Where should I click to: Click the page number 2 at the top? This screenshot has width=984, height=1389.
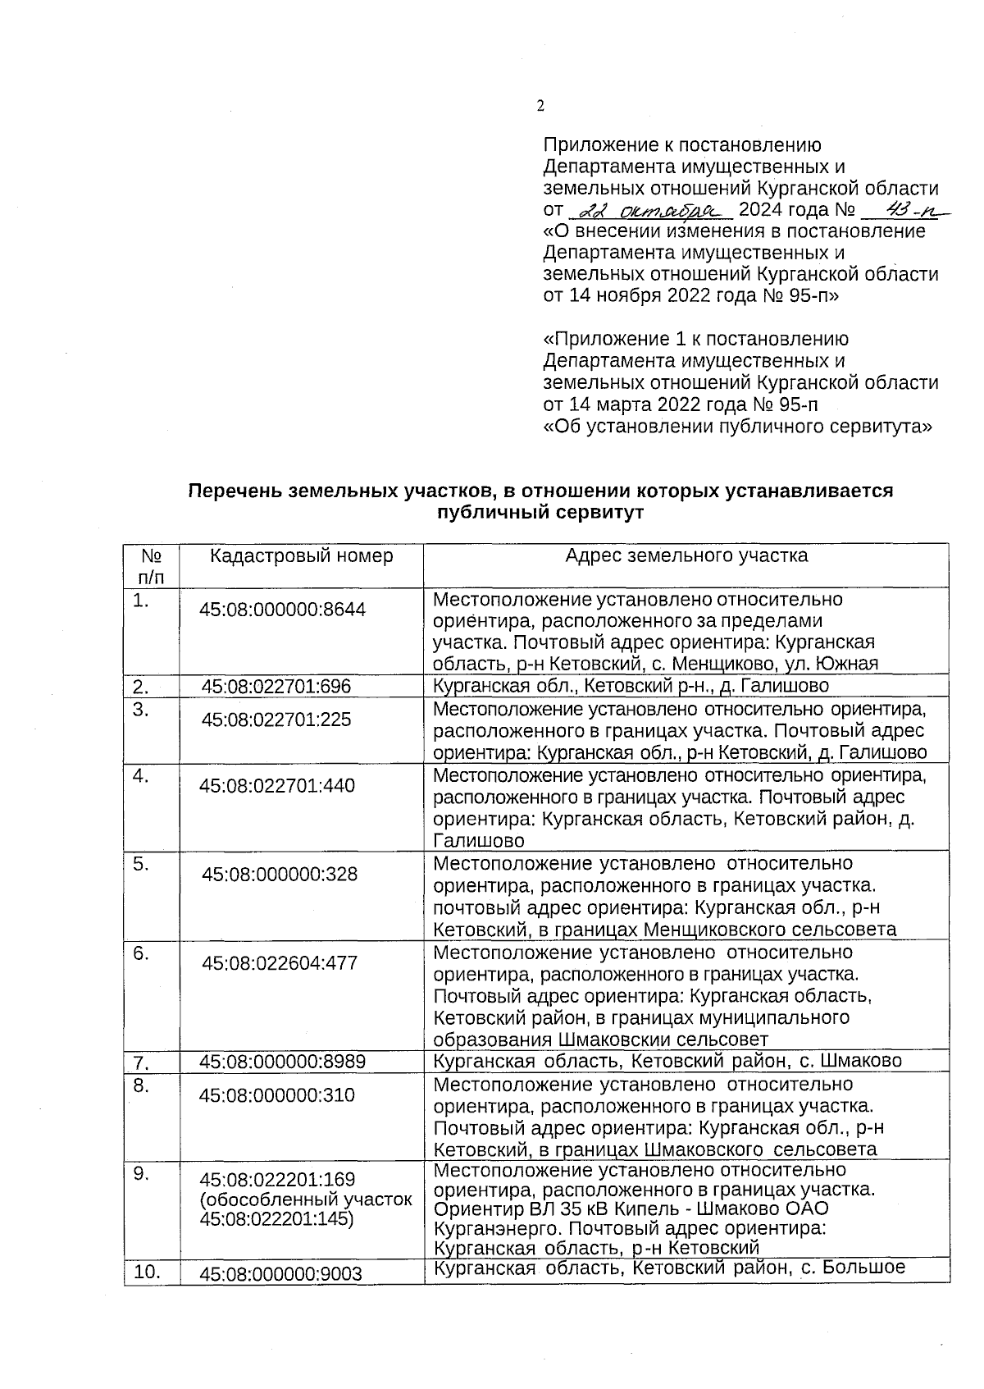(x=540, y=105)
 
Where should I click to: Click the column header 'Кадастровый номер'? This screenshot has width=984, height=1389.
(x=301, y=555)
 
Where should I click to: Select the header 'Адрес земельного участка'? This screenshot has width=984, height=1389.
(x=686, y=555)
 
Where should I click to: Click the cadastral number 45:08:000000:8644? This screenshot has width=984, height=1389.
(x=283, y=610)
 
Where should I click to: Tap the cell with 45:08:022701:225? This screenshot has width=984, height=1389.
(x=277, y=720)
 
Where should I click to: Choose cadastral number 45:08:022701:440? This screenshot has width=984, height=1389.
(x=277, y=786)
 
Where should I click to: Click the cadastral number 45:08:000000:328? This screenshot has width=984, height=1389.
(x=280, y=874)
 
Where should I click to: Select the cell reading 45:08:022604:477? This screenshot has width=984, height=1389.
(x=280, y=962)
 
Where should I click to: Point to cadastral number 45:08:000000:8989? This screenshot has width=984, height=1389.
(x=283, y=1062)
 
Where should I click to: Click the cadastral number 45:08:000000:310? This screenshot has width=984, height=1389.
(x=277, y=1095)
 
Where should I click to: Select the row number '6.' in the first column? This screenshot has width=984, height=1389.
(x=141, y=953)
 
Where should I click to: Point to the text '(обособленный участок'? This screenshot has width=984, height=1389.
(x=306, y=1199)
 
